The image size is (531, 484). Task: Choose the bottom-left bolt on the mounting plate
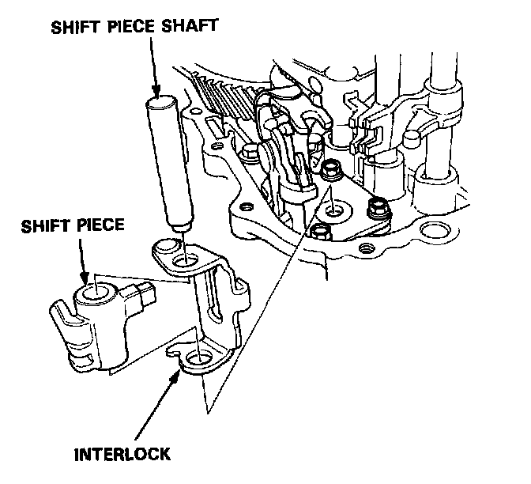point(321,231)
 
